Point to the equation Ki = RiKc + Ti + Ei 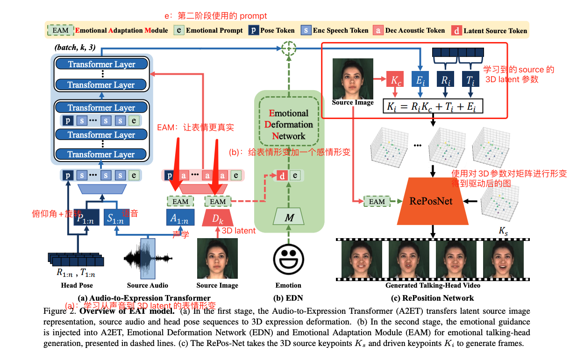[x=432, y=106]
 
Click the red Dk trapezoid [x=217, y=219]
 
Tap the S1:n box [x=116, y=218]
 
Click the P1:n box [x=86, y=218]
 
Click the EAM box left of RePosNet [x=377, y=202]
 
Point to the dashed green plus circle [x=289, y=48]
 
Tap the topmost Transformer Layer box [x=101, y=64]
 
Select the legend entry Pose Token [x=273, y=30]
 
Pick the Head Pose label [x=77, y=285]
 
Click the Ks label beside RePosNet [x=504, y=231]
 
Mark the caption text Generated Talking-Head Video [x=432, y=285]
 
